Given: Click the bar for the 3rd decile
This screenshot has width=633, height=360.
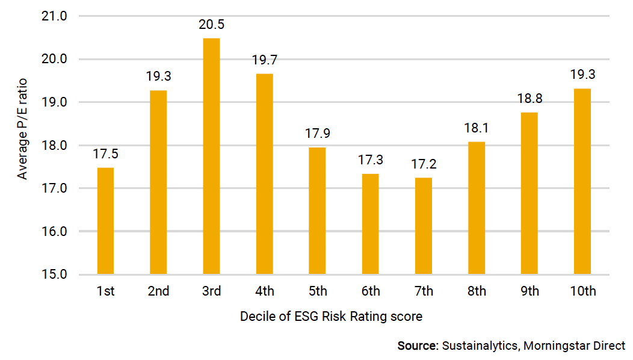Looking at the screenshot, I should click(211, 157).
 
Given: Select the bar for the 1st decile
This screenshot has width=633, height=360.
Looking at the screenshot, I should click(105, 221).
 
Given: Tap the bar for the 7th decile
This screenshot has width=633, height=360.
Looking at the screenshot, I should click(423, 226).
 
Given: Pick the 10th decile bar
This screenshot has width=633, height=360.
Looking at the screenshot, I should click(582, 181).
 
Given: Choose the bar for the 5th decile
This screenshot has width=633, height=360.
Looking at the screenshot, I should click(317, 211).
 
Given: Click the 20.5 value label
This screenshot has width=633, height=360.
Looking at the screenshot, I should click(211, 25).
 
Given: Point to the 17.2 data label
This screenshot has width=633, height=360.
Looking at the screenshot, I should click(423, 164).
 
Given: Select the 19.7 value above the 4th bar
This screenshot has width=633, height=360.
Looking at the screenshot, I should click(264, 60).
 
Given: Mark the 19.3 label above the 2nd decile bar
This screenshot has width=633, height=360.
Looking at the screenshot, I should click(158, 77).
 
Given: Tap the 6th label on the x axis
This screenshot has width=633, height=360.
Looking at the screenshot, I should click(370, 291).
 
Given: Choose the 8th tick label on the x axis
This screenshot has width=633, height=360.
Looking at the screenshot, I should click(476, 291).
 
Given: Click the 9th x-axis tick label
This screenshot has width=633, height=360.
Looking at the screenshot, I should click(529, 291).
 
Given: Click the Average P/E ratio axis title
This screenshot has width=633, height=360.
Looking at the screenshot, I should click(22, 145).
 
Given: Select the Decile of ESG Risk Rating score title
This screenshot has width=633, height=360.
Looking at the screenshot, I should click(331, 316).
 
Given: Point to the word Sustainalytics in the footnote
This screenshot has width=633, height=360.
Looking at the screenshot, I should click(480, 346).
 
